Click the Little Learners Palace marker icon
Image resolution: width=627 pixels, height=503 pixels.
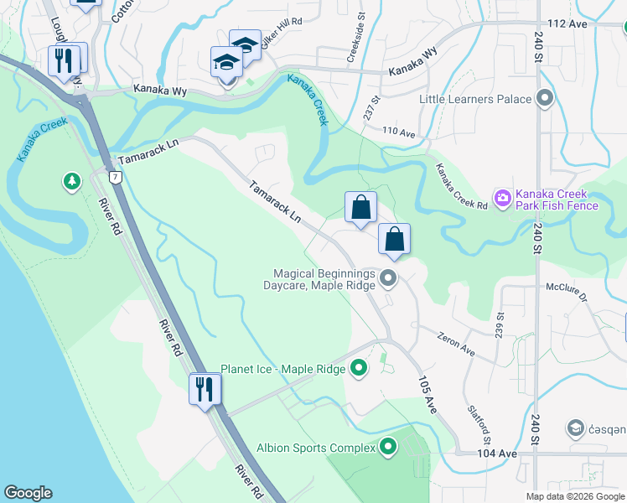[546, 99]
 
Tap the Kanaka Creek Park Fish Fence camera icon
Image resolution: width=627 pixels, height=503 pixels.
[503, 199]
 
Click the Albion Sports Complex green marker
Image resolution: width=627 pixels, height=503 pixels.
[387, 448]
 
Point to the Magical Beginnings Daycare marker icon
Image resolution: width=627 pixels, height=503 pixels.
[388, 277]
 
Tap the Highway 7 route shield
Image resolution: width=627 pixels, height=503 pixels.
[114, 177]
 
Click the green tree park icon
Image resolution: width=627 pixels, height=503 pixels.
[72, 181]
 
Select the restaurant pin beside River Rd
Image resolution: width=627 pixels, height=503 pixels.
[205, 389]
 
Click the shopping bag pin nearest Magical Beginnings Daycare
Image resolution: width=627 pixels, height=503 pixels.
[394, 240]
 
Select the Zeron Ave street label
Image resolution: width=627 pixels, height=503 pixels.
[456, 345]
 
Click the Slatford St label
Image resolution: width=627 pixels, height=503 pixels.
[479, 428]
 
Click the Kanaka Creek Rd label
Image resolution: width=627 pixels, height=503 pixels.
[460, 187]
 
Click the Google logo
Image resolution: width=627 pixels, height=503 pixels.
[28, 493]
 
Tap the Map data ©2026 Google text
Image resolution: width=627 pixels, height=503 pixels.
[574, 496]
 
